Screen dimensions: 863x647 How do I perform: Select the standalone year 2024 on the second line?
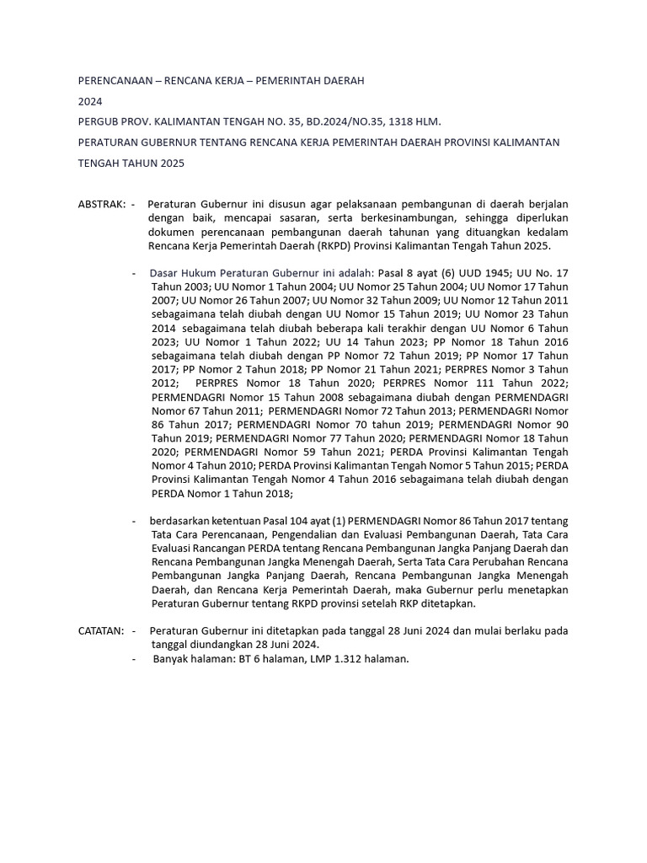click(x=90, y=101)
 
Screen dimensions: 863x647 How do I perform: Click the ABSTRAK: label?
click(x=101, y=205)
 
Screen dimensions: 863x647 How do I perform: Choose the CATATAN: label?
click(x=101, y=630)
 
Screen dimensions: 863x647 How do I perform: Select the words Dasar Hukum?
click(x=183, y=274)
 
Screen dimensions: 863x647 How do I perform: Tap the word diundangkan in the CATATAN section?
click(x=204, y=645)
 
